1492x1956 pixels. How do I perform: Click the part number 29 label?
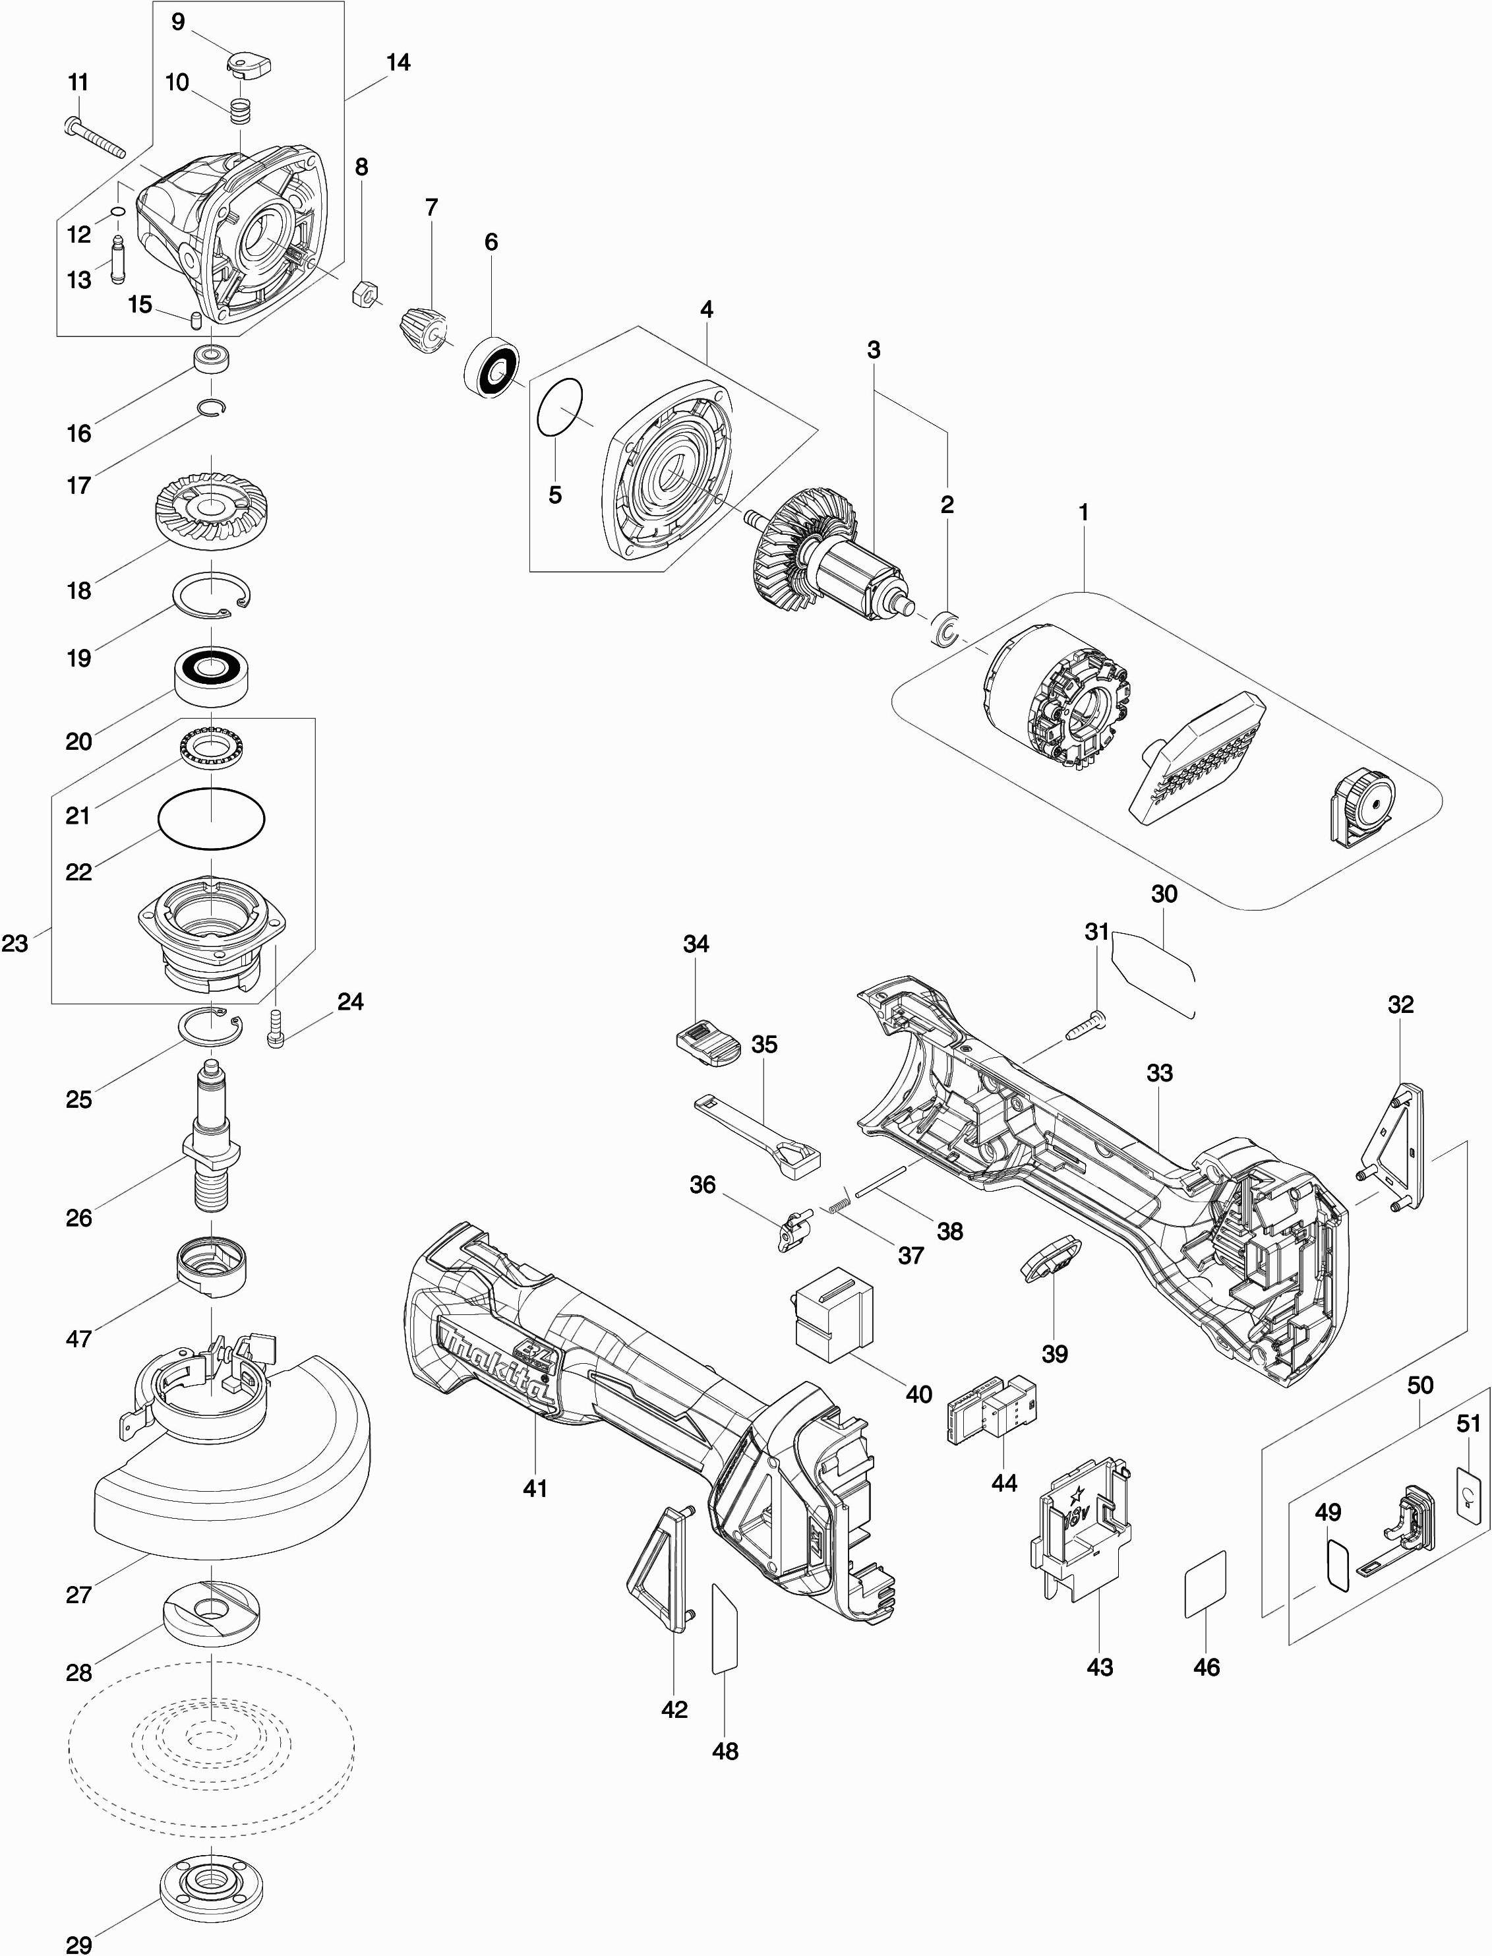pos(79,1938)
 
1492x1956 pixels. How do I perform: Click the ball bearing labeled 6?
pos(494,363)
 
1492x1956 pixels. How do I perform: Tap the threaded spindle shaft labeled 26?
pos(213,1137)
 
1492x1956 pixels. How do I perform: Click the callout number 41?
pos(535,1488)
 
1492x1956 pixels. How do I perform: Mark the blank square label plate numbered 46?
pos(1205,1584)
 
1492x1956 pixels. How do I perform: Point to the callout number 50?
pos(1420,1385)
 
